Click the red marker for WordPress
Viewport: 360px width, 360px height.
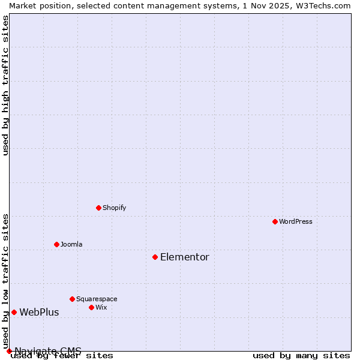coord(275,221)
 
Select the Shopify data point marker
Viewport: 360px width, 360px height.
coord(98,208)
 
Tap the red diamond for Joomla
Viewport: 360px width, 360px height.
coord(56,244)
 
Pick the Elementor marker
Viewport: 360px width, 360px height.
coord(155,257)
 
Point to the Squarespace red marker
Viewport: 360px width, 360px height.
coord(72,299)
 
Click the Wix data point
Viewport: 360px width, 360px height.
coord(91,307)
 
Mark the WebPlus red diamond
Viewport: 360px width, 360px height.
coord(14,312)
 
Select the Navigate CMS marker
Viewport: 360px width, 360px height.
coord(9,351)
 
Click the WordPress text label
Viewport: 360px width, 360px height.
coord(296,221)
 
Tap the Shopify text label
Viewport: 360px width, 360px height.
coord(114,208)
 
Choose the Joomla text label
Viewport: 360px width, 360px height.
coord(71,244)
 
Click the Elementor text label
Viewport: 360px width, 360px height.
coord(184,257)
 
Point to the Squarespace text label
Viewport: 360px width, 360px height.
coord(97,299)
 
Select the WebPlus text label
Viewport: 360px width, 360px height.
coord(39,312)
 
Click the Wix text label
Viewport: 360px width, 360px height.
coord(101,307)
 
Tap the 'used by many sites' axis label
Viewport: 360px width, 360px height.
coord(301,355)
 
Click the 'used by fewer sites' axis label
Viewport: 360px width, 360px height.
coord(62,355)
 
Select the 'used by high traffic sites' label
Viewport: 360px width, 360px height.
coord(5,85)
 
